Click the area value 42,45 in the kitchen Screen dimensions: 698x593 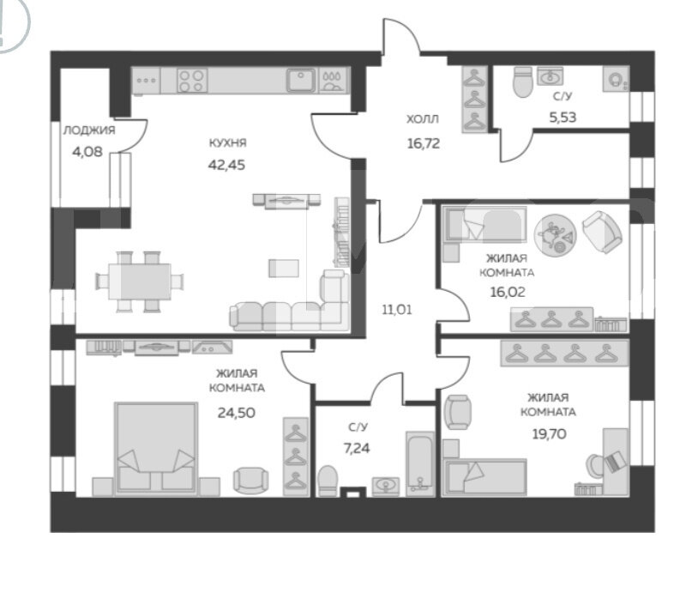226,165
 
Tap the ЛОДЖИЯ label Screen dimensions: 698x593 89,130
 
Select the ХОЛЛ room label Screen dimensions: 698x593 423,119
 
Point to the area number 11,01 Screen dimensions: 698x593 397,310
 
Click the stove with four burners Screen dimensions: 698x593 192,81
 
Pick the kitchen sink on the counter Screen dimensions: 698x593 301,80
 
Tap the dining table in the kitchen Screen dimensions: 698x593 139,281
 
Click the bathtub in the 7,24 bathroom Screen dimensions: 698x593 420,463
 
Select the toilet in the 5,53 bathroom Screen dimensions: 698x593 522,82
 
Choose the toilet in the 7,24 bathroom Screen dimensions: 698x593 328,481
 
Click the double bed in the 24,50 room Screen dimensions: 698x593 156,449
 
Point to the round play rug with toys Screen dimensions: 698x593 555,234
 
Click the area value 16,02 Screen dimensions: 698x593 508,293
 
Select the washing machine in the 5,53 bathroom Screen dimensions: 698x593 616,79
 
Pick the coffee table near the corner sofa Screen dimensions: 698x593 284,269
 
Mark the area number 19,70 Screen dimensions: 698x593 550,433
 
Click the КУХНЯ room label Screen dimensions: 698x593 227,143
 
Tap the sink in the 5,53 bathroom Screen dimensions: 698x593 551,76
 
